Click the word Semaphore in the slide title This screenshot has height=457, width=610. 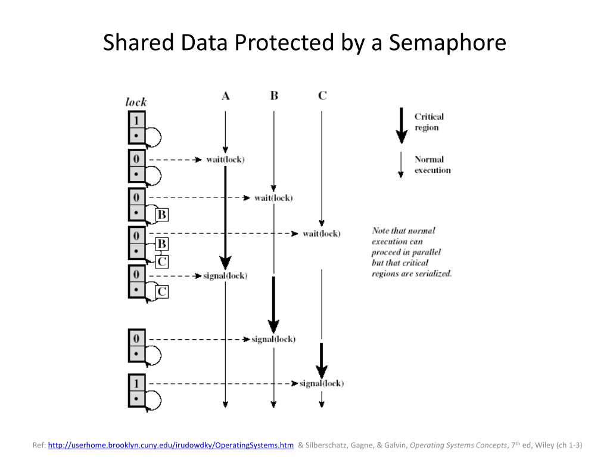447,43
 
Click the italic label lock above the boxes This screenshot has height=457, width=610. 136,102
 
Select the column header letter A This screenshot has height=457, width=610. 225,95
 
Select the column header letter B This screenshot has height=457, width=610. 274,95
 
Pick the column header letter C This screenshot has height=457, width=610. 322,95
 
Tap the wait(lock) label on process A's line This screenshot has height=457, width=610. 225,159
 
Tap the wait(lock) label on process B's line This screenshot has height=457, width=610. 273,198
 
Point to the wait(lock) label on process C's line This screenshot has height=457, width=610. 322,233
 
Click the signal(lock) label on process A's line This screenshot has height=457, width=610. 225,276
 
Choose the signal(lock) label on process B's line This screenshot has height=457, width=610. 273,339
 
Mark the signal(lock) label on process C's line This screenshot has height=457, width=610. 322,383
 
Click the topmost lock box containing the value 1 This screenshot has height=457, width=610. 136,119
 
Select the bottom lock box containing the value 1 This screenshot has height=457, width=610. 136,383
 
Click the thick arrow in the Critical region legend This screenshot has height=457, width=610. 402,125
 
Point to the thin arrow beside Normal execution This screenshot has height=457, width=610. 401,165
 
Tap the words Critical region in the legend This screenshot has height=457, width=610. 429,122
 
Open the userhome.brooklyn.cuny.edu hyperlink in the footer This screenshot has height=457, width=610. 170,445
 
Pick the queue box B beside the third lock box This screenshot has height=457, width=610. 161,214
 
